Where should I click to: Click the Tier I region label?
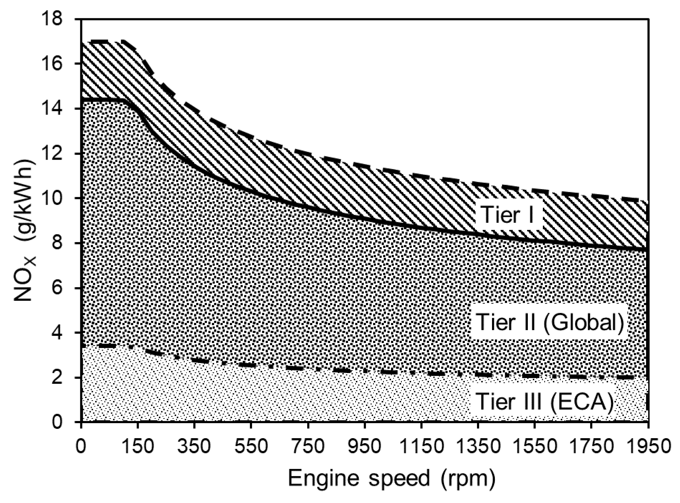(x=508, y=214)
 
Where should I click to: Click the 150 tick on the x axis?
(x=138, y=446)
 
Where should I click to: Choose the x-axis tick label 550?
(x=251, y=446)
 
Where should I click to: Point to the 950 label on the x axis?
(x=365, y=446)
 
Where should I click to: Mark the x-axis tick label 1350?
(x=478, y=446)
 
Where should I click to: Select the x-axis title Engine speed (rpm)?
(x=392, y=479)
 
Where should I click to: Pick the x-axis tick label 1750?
(x=591, y=446)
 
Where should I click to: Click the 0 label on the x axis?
(x=82, y=446)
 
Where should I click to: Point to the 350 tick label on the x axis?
(x=194, y=446)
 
